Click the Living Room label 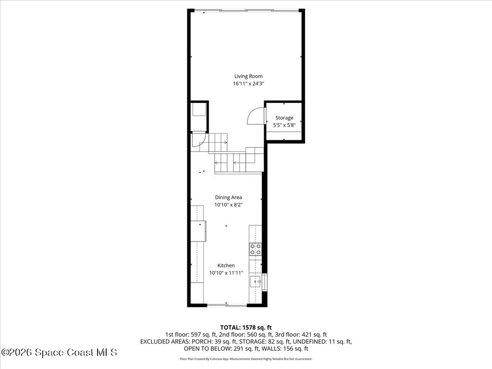(x=248, y=76)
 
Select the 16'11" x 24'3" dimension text (x=248, y=84)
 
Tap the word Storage (x=284, y=118)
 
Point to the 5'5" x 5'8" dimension (x=284, y=125)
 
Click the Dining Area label (x=228, y=197)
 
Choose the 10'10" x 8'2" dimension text (x=228, y=205)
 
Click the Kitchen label (x=226, y=265)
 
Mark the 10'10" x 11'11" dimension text (x=226, y=273)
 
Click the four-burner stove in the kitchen (x=255, y=249)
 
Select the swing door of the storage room (x=256, y=116)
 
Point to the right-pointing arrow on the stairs (x=225, y=142)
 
